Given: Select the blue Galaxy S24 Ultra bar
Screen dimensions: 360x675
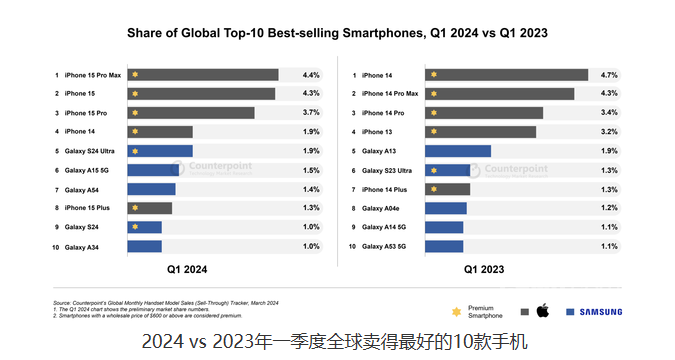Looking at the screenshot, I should tap(160, 151).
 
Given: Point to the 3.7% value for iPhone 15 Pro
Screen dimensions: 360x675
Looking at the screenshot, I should tap(310, 113).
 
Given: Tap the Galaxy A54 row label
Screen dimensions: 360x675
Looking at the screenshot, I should tap(82, 189).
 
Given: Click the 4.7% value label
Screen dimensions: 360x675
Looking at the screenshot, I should tap(608, 75).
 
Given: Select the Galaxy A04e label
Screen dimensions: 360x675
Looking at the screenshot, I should tap(381, 208).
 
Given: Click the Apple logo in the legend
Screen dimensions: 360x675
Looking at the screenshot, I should tap(543, 311).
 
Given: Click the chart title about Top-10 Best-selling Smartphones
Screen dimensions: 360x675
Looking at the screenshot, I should tap(337, 33).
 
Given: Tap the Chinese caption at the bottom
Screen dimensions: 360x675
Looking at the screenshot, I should tap(337, 343).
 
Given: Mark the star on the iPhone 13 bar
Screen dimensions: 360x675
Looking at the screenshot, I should tap(433, 132).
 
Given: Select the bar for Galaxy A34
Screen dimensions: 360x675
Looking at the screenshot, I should tap(144, 246).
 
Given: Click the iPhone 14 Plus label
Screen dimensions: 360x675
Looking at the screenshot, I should tap(385, 189).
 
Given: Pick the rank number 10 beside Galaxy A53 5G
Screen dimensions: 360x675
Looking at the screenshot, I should tap(352, 246).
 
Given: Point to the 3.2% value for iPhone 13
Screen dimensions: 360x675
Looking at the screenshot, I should tap(608, 132).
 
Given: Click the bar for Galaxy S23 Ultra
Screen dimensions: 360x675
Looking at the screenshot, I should tap(448, 170).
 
